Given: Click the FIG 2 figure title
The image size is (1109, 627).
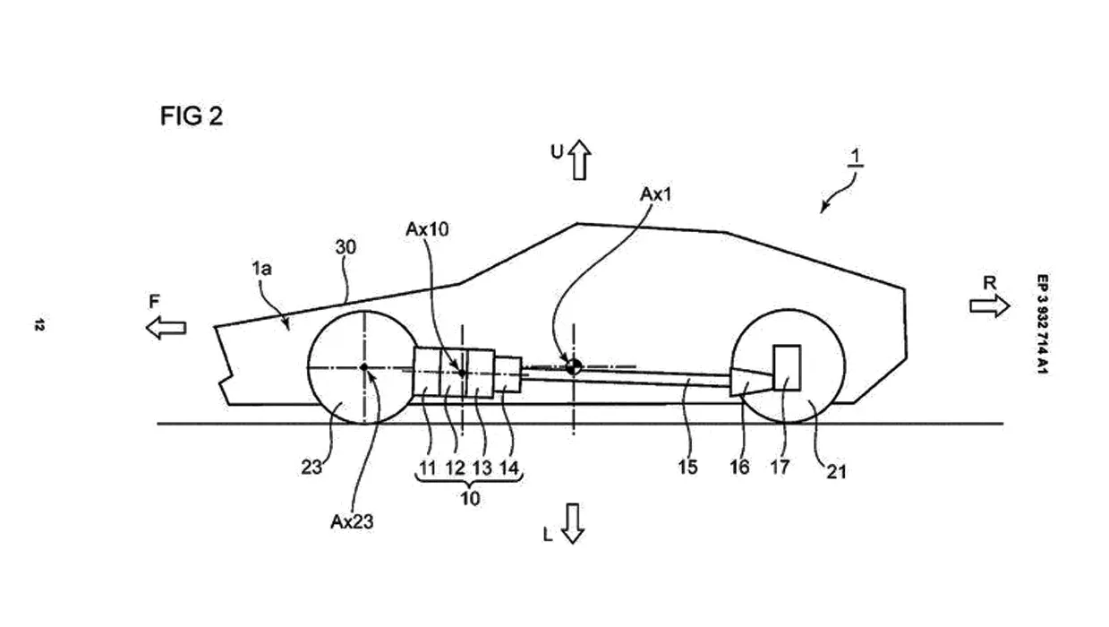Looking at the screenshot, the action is click(192, 116).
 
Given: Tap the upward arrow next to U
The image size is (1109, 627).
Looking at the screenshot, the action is click(579, 159).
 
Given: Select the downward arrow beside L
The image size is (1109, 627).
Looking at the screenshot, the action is click(572, 523).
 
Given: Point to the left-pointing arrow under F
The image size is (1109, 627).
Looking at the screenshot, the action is click(166, 328).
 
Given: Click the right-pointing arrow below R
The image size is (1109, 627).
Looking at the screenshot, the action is click(989, 305).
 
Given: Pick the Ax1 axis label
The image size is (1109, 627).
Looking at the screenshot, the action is click(656, 194).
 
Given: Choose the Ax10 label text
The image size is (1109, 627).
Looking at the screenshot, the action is click(427, 229).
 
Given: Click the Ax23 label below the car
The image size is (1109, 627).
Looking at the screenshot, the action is click(352, 521).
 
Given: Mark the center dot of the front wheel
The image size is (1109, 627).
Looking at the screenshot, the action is click(364, 367).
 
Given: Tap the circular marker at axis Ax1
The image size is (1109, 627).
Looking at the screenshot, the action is click(574, 367).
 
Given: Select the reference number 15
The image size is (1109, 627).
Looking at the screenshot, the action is click(687, 467).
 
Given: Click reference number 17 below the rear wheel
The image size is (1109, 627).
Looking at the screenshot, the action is click(780, 467).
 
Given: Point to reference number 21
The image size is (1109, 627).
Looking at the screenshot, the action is click(836, 472).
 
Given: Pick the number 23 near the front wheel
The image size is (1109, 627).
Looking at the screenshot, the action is click(311, 468).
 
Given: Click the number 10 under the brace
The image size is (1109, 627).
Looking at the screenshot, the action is click(470, 499).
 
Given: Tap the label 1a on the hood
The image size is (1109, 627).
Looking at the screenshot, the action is click(262, 269).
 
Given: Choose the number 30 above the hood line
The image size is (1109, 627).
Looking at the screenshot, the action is click(345, 247).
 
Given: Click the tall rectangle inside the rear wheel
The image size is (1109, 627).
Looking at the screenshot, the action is click(787, 367).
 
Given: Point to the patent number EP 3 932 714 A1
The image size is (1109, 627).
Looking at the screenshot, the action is click(1042, 324).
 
